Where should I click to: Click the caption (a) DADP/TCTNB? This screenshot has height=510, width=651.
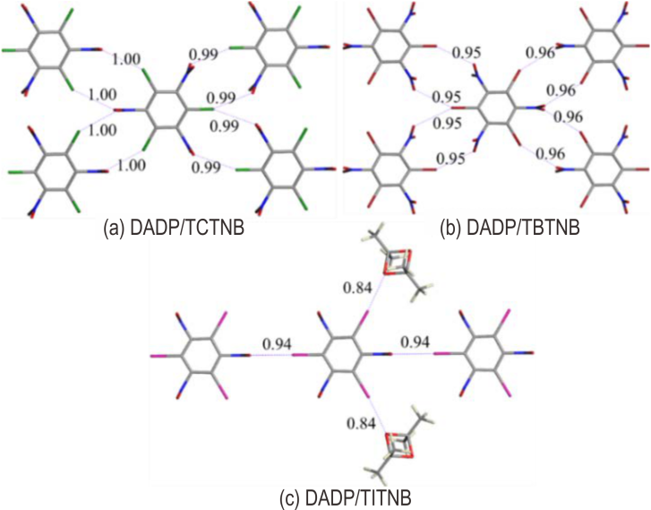click(174, 229)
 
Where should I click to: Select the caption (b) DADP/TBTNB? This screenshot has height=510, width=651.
click(510, 229)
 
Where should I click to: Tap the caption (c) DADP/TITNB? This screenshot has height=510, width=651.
click(346, 498)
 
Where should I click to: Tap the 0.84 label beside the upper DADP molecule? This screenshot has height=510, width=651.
click(356, 287)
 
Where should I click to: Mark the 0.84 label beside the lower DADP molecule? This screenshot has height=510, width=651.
click(360, 424)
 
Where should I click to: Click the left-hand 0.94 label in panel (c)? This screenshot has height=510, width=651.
click(277, 344)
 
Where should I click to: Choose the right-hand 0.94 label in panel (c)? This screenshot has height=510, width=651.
click(415, 342)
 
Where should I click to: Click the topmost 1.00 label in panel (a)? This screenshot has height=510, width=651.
click(126, 59)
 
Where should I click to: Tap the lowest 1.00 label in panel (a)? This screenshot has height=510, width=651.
click(132, 166)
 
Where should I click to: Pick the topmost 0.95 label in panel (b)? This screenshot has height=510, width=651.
click(467, 53)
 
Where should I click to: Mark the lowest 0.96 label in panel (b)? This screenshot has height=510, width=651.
click(551, 154)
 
